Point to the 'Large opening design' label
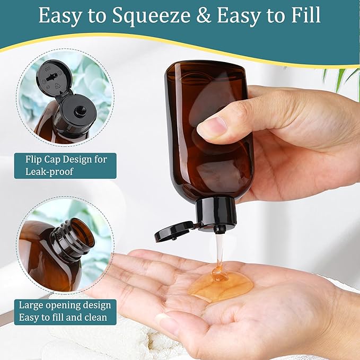[65, 305]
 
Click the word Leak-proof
[50, 172]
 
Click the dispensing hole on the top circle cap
[81, 111]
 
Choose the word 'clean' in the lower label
[94, 318]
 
